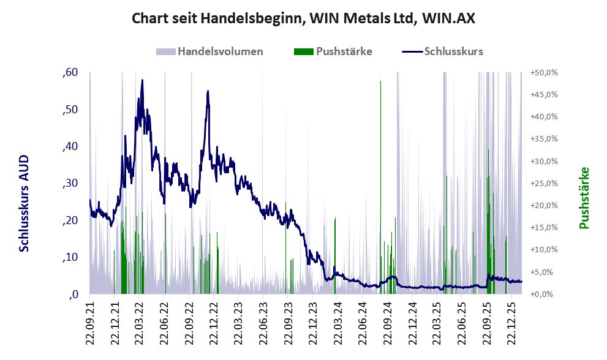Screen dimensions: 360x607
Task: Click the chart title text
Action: tap(303, 19)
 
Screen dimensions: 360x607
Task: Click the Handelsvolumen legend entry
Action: tap(220, 51)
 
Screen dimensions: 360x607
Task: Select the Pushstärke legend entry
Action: tap(344, 51)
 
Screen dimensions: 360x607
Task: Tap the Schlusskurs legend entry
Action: tap(453, 51)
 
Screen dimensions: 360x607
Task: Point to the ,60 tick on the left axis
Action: tap(70, 73)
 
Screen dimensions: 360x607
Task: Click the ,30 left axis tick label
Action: tap(70, 184)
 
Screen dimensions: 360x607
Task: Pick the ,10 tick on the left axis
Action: tap(70, 258)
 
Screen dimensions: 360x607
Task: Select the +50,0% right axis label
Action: tap(544, 72)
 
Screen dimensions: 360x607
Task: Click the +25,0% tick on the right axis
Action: tap(544, 183)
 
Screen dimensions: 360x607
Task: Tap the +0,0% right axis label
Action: tap(544, 294)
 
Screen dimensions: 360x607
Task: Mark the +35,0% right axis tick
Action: tap(544, 139)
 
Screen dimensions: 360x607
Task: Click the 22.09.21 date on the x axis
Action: tap(90, 320)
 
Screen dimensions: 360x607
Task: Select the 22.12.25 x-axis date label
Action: tap(511, 320)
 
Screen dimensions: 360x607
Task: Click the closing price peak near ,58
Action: tap(142, 80)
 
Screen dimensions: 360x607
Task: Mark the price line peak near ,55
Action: tap(208, 91)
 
